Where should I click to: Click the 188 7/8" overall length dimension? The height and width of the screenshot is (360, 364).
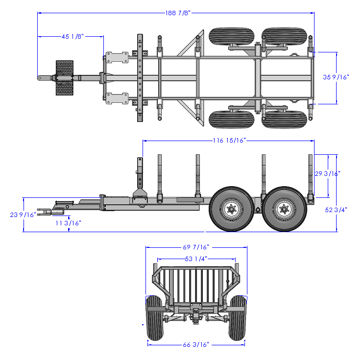click(177, 13)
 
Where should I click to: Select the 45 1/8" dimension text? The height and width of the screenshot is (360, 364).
click(73, 36)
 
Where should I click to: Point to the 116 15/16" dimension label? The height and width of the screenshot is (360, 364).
click(229, 141)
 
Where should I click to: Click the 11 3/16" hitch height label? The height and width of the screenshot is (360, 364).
click(68, 223)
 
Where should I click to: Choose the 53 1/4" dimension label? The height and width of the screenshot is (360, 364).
click(196, 259)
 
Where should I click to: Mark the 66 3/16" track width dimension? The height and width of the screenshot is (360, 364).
click(196, 345)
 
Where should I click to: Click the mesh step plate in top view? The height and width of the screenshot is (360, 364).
click(65, 77)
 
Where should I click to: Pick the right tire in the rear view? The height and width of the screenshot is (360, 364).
click(238, 318)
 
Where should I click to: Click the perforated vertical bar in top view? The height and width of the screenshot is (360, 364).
click(140, 78)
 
